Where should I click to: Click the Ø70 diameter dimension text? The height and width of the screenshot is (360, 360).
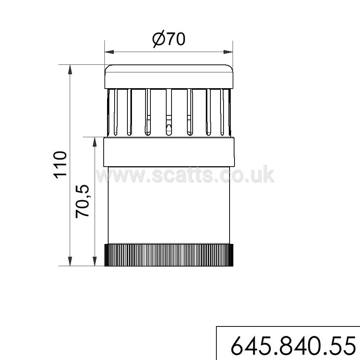pos(169,39)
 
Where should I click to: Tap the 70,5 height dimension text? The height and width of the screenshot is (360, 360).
pos(82,201)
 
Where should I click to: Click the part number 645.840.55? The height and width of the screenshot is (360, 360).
pos(293,346)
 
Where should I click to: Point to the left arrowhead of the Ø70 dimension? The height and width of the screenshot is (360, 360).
pos(109,52)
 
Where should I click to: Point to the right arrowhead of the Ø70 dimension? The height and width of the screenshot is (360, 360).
pos(228,52)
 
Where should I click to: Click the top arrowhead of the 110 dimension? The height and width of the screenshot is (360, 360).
pos(70,70)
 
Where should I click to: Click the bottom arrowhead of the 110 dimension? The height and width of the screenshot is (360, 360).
pos(70,261)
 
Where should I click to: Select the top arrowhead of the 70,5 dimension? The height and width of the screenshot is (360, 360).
pos(94,142)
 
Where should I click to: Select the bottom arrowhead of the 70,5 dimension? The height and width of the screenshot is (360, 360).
pos(94,261)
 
